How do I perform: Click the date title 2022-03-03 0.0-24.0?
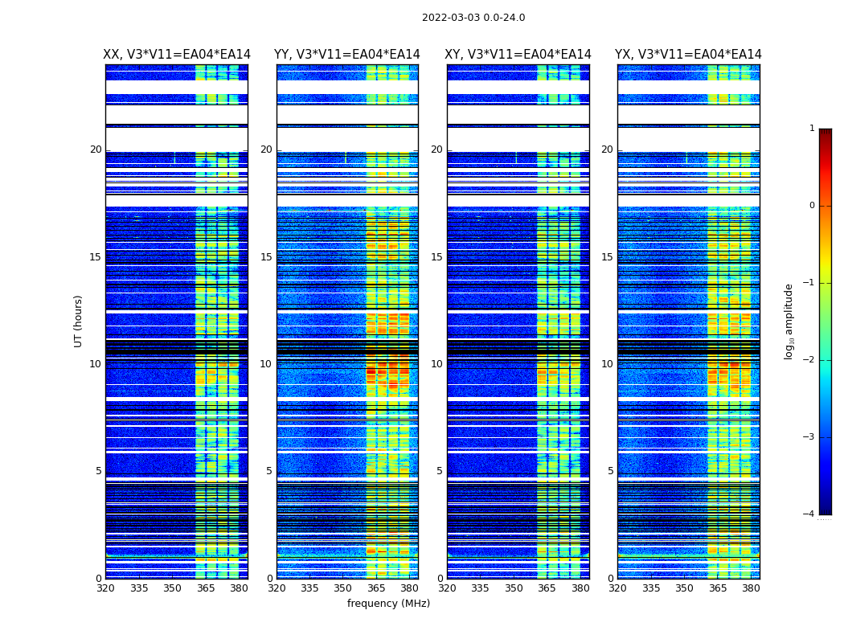coord(473,18)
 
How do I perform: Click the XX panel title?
coord(177,55)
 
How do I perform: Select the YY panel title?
coord(347,55)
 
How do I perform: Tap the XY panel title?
coord(518,55)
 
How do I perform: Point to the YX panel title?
coord(688,55)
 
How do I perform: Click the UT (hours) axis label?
coord(79,321)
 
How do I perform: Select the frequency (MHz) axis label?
coord(388,604)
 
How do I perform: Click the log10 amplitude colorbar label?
coord(789,321)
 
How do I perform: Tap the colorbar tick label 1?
coord(812,129)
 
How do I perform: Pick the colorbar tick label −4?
coord(809,514)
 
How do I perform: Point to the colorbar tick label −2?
coord(809,360)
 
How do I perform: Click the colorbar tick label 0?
coord(812,206)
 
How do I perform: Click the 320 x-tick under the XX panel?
coord(105,588)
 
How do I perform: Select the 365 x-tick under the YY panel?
coord(376,588)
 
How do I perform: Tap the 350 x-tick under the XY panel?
coord(514,588)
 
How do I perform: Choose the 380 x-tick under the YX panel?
coord(751,588)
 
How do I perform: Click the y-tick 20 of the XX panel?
coord(96,149)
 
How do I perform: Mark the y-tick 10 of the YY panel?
coord(266,364)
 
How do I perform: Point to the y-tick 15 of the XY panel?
coord(436,257)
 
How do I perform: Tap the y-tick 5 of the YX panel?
coord(610,471)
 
